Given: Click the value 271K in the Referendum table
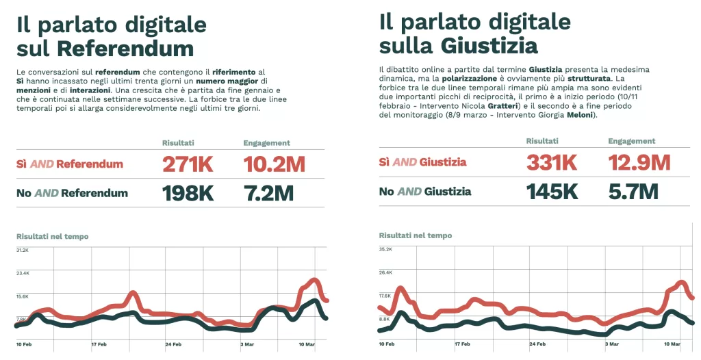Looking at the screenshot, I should [x=188, y=164].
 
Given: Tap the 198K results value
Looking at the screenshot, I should [x=188, y=193].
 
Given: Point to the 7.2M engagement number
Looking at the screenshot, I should [x=268, y=193].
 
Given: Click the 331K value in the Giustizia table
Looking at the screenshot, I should [x=552, y=162].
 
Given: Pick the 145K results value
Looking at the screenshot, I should [x=552, y=191].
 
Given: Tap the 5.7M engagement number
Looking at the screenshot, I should [x=633, y=191].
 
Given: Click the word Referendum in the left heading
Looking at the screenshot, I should [x=125, y=49].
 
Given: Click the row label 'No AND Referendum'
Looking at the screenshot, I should [x=72, y=193].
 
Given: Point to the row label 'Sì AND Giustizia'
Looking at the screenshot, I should [x=422, y=162].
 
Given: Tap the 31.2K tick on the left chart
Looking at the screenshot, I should [x=23, y=250].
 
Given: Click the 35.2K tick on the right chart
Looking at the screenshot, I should [x=385, y=249].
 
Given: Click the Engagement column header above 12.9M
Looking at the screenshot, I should [x=631, y=141].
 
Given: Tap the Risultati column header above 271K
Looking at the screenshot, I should [x=178, y=143].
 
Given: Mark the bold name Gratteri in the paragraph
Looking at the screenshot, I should [x=502, y=106].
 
